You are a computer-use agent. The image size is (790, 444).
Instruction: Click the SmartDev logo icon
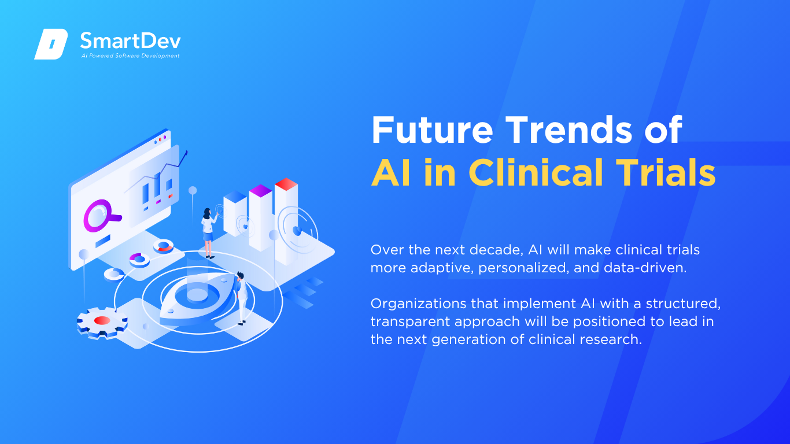tap(51, 44)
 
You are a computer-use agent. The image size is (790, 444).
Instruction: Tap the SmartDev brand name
tap(131, 41)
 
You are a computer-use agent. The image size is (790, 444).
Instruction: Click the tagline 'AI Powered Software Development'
tap(131, 55)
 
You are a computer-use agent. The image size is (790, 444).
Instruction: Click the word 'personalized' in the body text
tap(524, 268)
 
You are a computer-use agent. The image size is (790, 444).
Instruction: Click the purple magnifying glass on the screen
tap(101, 216)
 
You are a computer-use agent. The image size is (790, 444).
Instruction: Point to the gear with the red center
tap(102, 323)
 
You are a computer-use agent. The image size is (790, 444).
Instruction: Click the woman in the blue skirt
tap(209, 233)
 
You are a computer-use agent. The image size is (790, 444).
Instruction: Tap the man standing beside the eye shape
tap(242, 298)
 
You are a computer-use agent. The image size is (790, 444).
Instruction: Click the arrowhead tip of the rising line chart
tap(187, 151)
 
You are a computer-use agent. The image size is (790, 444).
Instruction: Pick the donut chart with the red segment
tap(163, 246)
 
